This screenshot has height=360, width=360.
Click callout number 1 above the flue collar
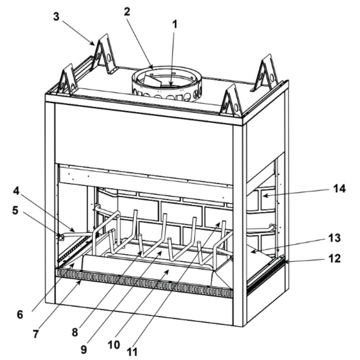coord(175,25)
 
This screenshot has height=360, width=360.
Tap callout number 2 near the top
coord(127,11)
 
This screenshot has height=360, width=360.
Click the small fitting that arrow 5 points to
coord(61,237)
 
